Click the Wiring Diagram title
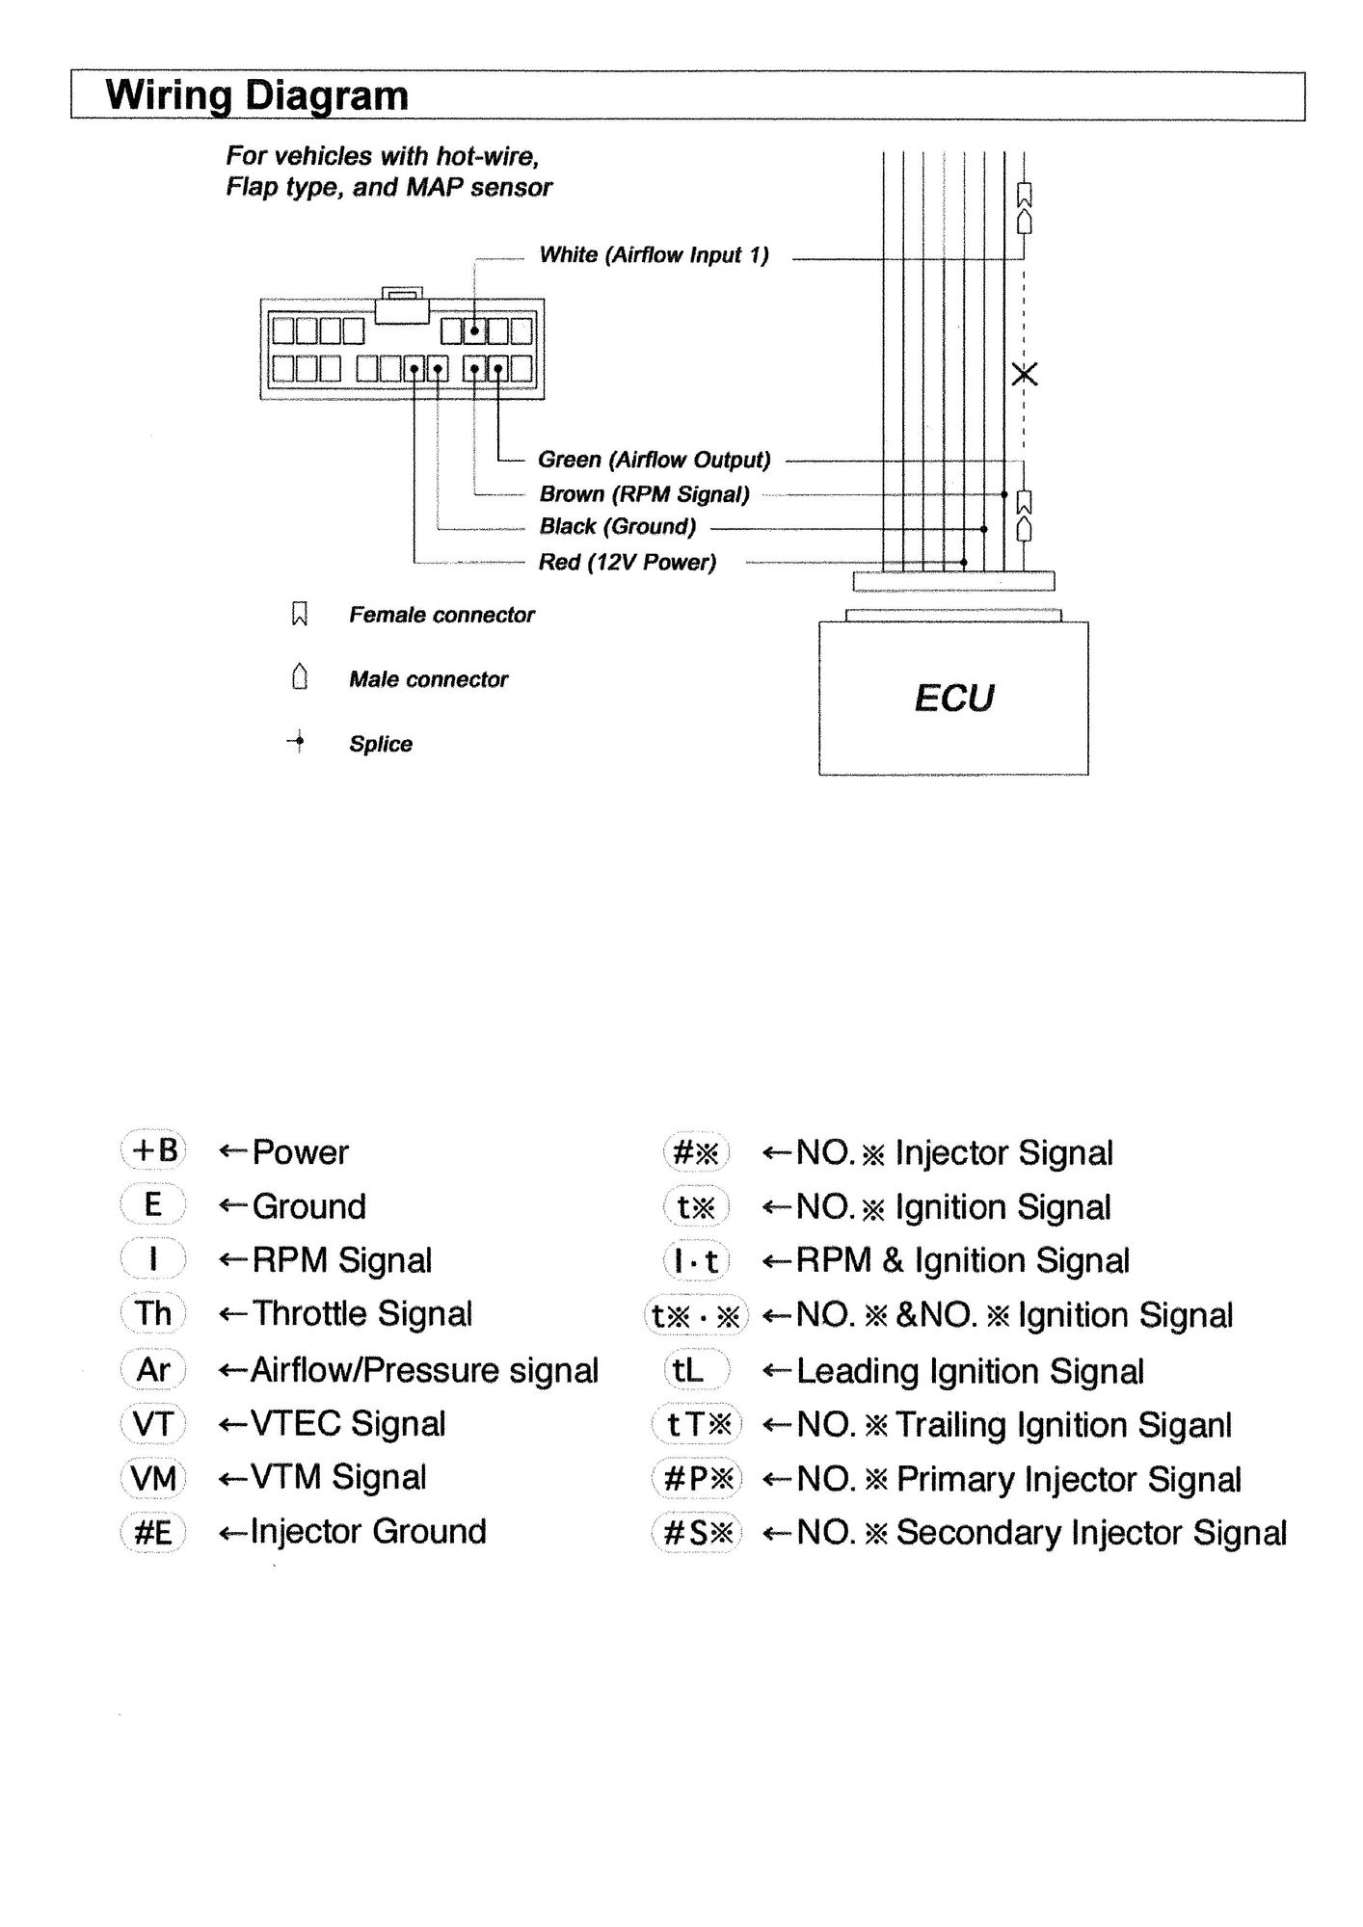pyautogui.click(x=256, y=96)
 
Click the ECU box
pyautogui.click(x=953, y=698)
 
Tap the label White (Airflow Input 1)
pyautogui.click(x=654, y=255)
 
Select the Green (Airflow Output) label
pyautogui.click(x=654, y=460)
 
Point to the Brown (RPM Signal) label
pyautogui.click(x=644, y=494)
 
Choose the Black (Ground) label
pyautogui.click(x=617, y=527)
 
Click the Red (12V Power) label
pyautogui.click(x=627, y=562)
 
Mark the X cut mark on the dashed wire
pyautogui.click(x=1025, y=374)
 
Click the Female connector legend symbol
pyautogui.click(x=299, y=615)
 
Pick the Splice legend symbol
pyautogui.click(x=298, y=742)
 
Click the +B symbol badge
pyautogui.click(x=153, y=1150)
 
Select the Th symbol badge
pyautogui.click(x=153, y=1313)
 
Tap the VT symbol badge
pyautogui.click(x=153, y=1423)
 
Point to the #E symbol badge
pyautogui.click(x=153, y=1532)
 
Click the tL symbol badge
pyautogui.click(x=690, y=1369)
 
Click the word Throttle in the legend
pyautogui.click(x=309, y=1313)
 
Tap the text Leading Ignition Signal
pyautogui.click(x=970, y=1371)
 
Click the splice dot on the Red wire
pyautogui.click(x=964, y=562)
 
